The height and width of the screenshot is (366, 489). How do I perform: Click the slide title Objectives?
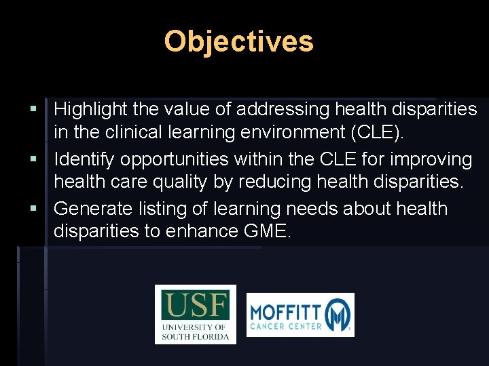click(238, 41)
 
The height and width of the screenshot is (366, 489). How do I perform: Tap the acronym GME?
click(266, 232)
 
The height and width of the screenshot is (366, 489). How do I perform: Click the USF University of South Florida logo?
click(196, 314)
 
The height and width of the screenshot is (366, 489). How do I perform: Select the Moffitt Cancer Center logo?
click(300, 314)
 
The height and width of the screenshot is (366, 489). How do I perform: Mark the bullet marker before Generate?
click(33, 209)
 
